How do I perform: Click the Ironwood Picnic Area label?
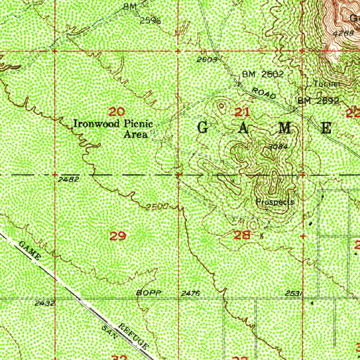(x=113, y=129)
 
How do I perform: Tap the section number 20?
(x=116, y=112)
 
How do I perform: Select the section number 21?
(x=242, y=112)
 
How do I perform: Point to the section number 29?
(x=118, y=236)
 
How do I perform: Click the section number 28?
(x=242, y=235)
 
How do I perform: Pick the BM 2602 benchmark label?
(x=263, y=74)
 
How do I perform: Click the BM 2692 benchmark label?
(x=318, y=101)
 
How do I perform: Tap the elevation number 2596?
(x=150, y=21)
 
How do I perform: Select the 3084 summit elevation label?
(x=278, y=147)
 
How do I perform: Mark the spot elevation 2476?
(x=191, y=293)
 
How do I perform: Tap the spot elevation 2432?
(x=45, y=303)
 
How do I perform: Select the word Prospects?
(x=275, y=202)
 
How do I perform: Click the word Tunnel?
(x=327, y=84)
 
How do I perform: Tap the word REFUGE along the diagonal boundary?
(x=133, y=336)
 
